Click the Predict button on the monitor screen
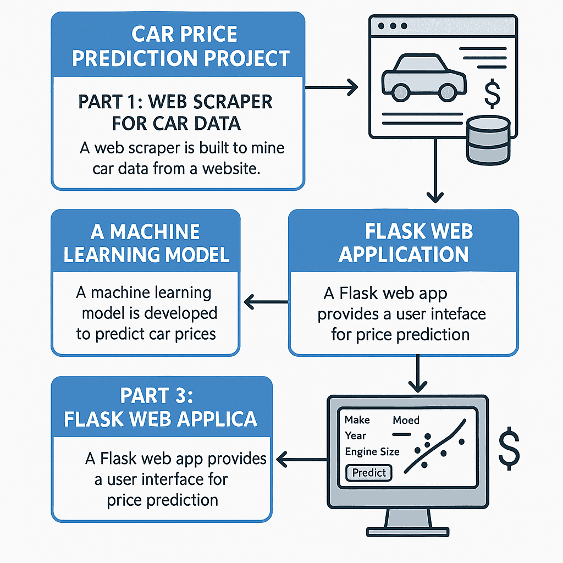coord(369,472)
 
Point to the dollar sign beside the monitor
coord(509,447)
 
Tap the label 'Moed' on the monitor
coord(406,421)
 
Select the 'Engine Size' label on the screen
coord(372,451)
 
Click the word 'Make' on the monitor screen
coord(357,420)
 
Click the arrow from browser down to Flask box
coord(435,170)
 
